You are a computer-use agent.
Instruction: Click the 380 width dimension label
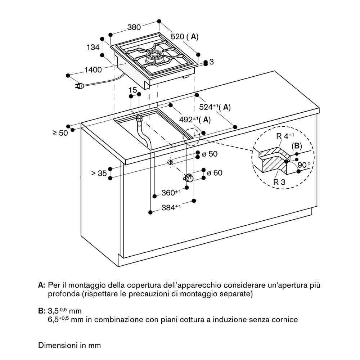[134, 27]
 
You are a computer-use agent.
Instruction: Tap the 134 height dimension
[93, 47]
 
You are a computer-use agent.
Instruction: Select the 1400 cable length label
[93, 69]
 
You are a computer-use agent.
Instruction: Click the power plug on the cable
[79, 86]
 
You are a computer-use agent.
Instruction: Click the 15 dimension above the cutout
[133, 90]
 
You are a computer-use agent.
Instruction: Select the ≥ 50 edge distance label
[60, 133]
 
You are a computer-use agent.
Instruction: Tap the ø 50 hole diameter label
[210, 154]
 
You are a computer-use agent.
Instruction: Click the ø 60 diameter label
[215, 173]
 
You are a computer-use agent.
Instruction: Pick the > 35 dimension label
[99, 173]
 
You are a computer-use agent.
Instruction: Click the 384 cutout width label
[171, 207]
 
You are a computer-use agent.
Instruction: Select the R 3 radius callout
[279, 182]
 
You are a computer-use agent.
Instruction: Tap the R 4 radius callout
[285, 136]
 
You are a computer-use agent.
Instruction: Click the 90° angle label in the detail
[304, 165]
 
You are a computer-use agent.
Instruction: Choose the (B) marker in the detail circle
[297, 146]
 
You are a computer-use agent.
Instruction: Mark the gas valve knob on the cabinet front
[189, 178]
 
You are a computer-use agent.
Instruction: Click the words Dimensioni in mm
[69, 345]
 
